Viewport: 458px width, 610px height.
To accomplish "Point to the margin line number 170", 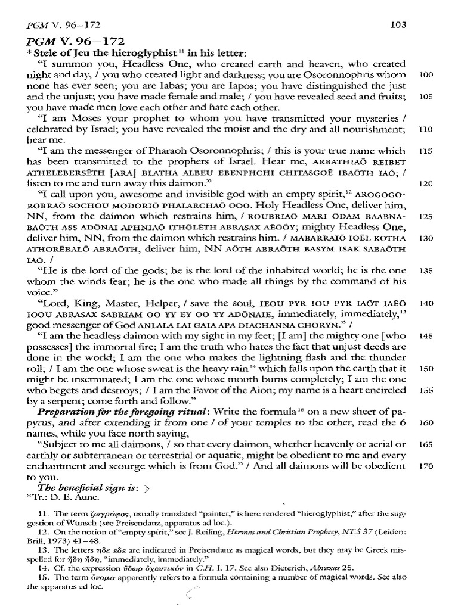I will (425, 465).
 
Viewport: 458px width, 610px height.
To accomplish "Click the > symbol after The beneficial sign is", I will (146, 487).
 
